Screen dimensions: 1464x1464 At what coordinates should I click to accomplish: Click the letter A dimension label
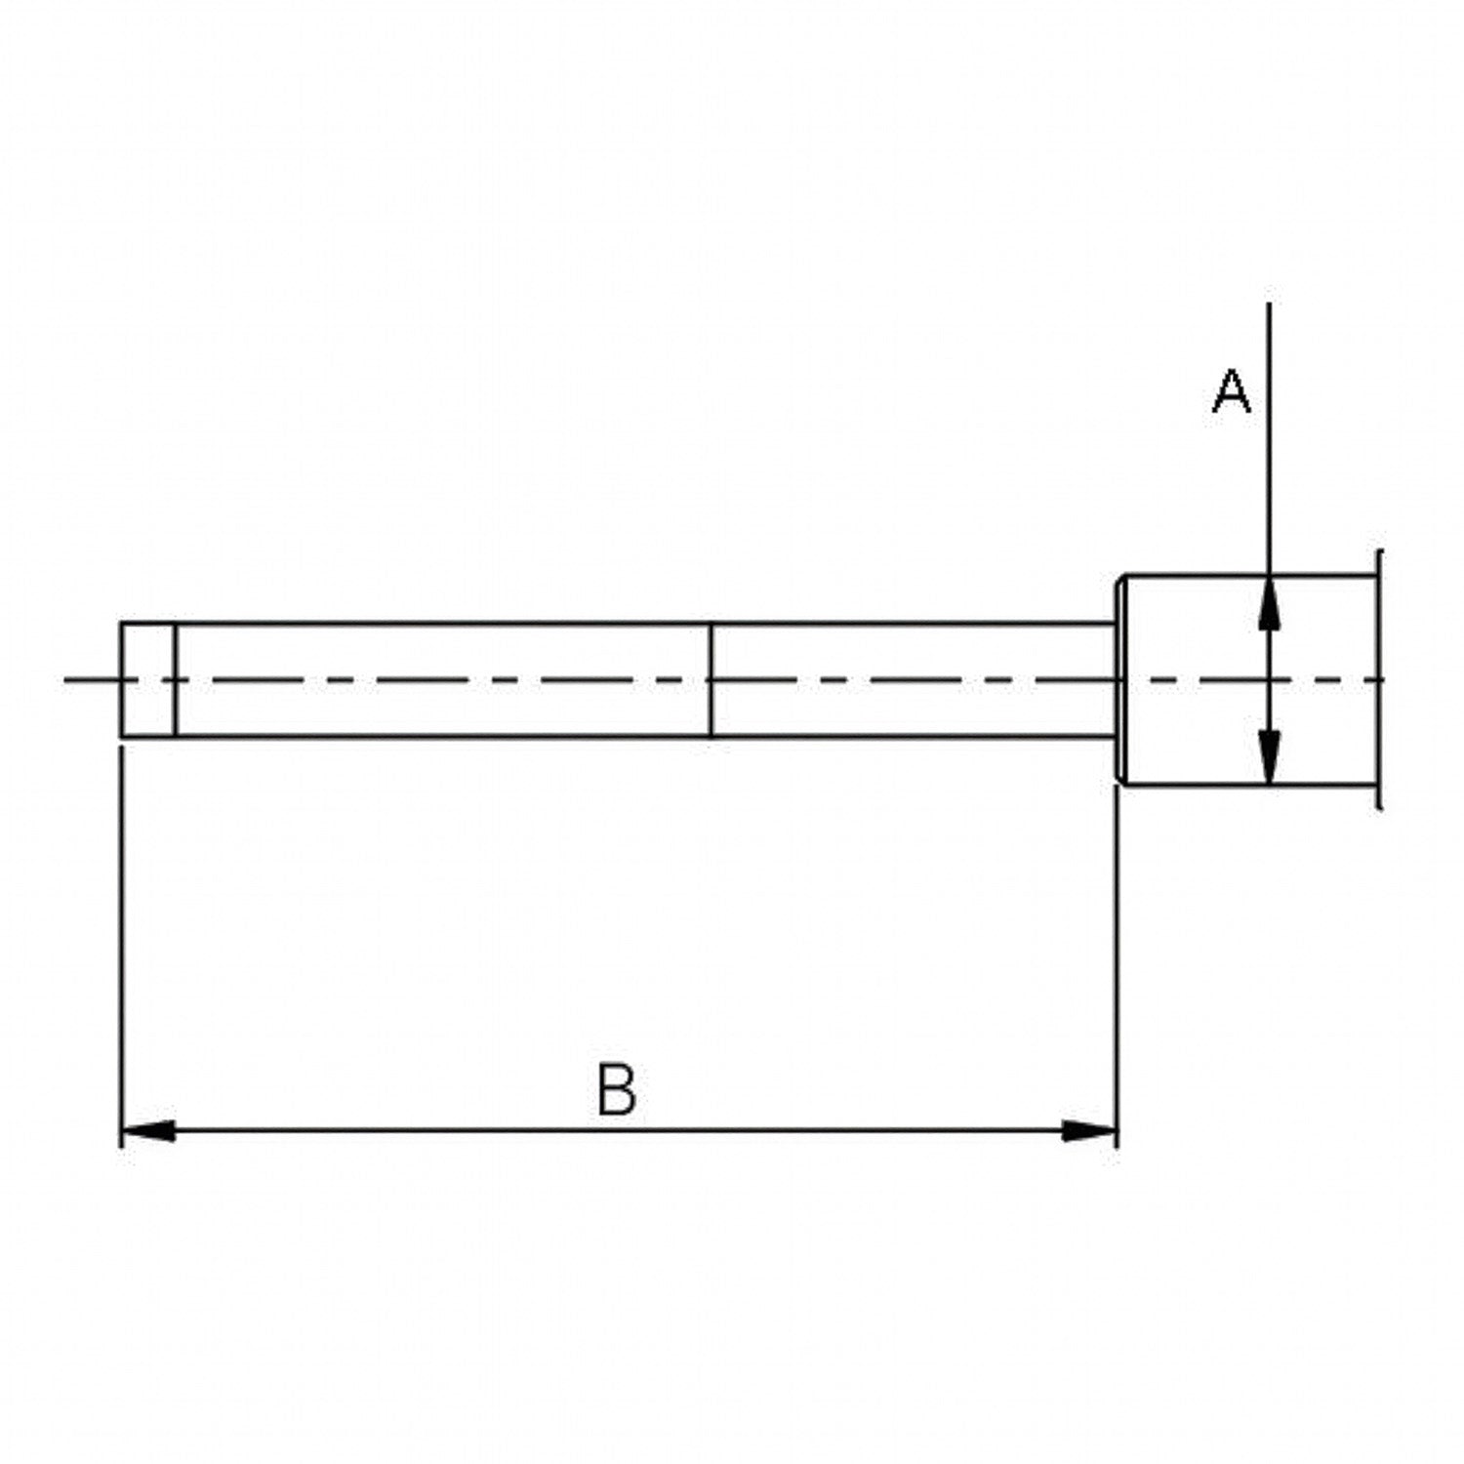(x=1231, y=391)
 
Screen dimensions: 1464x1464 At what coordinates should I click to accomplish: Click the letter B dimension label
(x=617, y=1090)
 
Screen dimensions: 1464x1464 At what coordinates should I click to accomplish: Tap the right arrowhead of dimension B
(x=1089, y=1131)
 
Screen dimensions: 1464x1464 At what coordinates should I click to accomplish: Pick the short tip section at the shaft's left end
(x=147, y=679)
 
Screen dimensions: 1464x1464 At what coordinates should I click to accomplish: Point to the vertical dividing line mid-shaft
(x=712, y=679)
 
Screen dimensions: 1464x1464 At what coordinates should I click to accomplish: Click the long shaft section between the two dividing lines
(x=443, y=679)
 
